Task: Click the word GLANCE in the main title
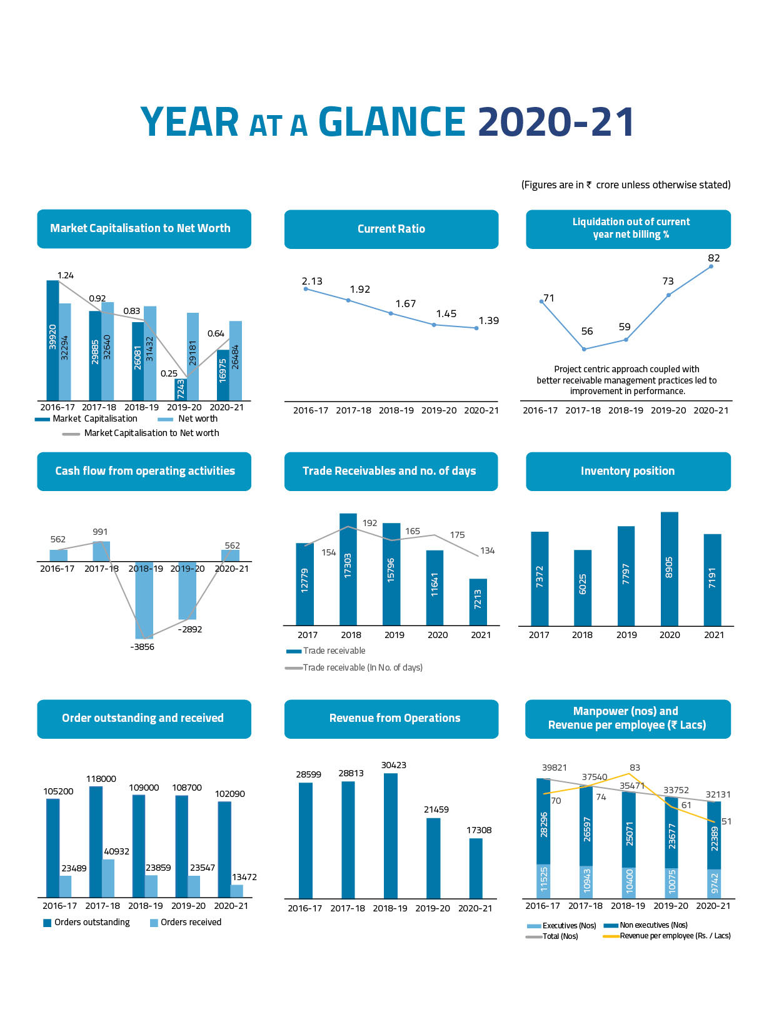click(392, 122)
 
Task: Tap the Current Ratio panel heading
click(391, 229)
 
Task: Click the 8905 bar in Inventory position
click(669, 568)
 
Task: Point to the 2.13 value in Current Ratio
click(312, 281)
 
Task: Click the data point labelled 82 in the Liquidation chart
click(711, 266)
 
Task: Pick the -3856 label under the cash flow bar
click(142, 647)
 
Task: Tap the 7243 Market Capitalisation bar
click(181, 389)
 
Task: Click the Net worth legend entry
click(197, 419)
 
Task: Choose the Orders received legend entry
click(190, 922)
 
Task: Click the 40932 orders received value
click(116, 851)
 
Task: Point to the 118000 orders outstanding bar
click(96, 841)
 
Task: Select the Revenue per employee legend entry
click(674, 936)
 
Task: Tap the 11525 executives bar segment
click(543, 880)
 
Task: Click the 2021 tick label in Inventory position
click(713, 635)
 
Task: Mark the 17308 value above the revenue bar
click(479, 830)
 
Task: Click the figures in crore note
click(626, 185)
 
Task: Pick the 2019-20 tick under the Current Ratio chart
click(439, 410)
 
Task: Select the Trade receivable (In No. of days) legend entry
click(362, 667)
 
